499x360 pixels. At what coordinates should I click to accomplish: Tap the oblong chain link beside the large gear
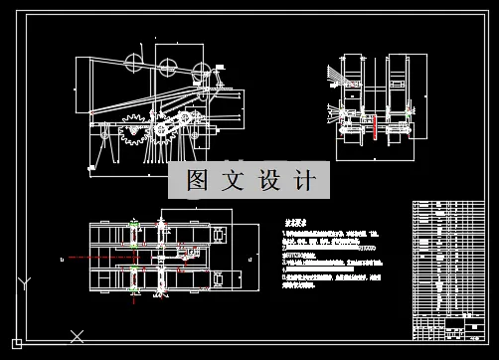tap(172, 125)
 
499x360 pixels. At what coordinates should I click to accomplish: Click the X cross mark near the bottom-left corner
tap(72, 334)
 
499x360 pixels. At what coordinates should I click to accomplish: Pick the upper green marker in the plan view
tap(133, 234)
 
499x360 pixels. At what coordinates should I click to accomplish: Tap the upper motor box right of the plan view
tap(220, 235)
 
